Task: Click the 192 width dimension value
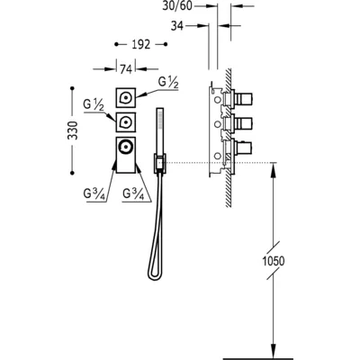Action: coord(140,44)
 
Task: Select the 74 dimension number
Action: coord(126,69)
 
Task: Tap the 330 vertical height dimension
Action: coord(73,130)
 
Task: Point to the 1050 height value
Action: coord(274,261)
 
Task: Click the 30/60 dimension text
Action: coord(177,5)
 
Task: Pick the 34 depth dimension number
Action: coord(176,26)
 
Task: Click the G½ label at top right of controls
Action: coord(168,83)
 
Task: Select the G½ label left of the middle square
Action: coord(94,105)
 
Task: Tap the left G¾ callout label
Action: coord(94,194)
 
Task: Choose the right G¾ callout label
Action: coord(133,194)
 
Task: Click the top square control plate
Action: coord(126,97)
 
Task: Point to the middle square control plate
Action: coord(126,122)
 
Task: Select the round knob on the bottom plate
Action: coord(126,147)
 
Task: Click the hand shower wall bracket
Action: coord(160,164)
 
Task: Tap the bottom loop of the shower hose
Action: coord(154,276)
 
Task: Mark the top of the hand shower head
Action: coord(160,109)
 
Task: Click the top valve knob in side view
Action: coord(244,98)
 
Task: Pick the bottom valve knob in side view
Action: coord(244,148)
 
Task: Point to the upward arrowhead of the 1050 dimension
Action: coord(273,166)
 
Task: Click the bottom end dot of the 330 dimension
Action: coord(72,173)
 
